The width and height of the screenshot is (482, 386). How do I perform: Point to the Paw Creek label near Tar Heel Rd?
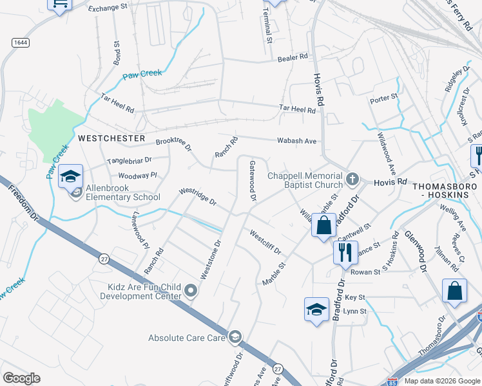pos(142,74)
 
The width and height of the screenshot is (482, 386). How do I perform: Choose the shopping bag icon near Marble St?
pos(324,225)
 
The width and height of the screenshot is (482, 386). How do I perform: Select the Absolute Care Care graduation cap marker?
pos(235,336)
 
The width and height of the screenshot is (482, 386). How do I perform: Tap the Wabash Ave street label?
pos(296,140)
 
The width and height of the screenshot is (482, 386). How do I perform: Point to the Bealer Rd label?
pos(293,58)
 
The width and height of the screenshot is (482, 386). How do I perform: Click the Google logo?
pos(21,378)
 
